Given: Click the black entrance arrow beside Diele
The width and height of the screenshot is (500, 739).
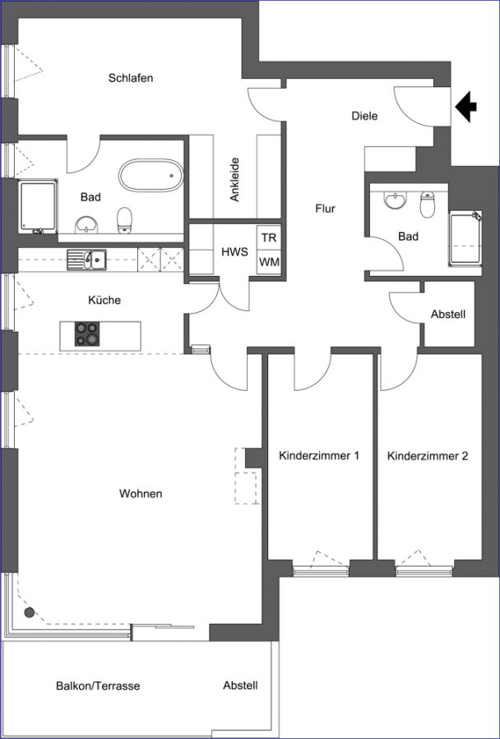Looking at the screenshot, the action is [x=465, y=107].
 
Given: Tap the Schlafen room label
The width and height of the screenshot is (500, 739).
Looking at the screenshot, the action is [x=131, y=78].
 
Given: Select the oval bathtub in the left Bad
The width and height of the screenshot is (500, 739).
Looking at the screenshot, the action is [x=151, y=176].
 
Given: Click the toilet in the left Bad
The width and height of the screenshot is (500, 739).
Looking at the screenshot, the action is [x=125, y=220].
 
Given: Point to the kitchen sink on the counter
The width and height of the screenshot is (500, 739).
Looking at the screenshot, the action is [x=86, y=259].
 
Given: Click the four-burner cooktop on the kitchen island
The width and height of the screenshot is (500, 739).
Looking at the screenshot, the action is [x=87, y=334].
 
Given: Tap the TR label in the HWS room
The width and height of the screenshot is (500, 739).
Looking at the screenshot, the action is [x=269, y=237].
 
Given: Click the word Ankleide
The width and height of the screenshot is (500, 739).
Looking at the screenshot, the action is [x=234, y=180].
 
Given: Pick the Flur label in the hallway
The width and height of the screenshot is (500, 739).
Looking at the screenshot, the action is [x=326, y=208].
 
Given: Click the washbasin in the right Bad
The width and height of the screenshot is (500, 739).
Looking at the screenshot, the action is [x=396, y=200].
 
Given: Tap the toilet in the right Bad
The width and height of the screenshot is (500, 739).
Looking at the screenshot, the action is [x=428, y=204].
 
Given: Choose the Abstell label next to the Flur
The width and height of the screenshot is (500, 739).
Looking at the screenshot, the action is [x=448, y=314].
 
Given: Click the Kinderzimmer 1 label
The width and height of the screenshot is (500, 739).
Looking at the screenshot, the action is [x=319, y=456].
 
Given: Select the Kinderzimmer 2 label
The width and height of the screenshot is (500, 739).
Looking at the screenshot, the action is [x=428, y=456].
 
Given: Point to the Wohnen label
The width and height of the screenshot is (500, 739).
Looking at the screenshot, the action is [x=141, y=493].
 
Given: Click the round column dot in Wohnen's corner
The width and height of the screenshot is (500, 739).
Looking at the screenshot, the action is [x=30, y=613].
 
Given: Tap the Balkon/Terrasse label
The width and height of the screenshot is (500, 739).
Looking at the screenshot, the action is [x=98, y=686].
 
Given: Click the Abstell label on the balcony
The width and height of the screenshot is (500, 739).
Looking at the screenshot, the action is [x=241, y=686].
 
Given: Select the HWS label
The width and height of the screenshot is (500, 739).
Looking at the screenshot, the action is [x=234, y=252].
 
